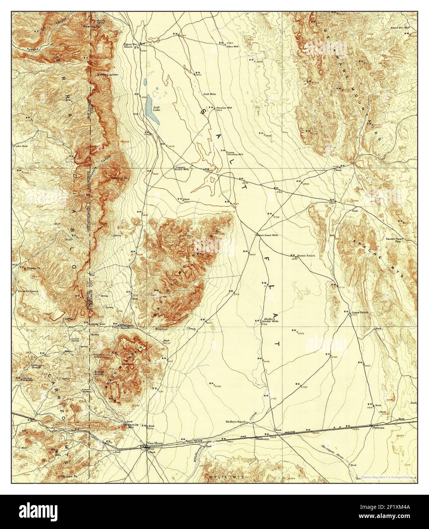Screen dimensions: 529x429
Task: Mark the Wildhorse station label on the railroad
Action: [263, 439]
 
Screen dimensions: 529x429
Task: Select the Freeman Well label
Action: [224, 108]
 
